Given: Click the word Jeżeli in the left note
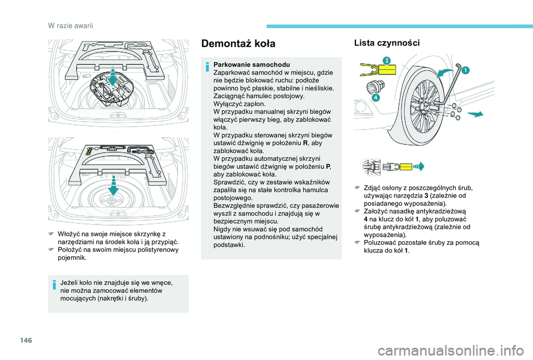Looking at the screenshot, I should (x=70, y=283).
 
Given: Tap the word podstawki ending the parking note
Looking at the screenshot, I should (x=229, y=245).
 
